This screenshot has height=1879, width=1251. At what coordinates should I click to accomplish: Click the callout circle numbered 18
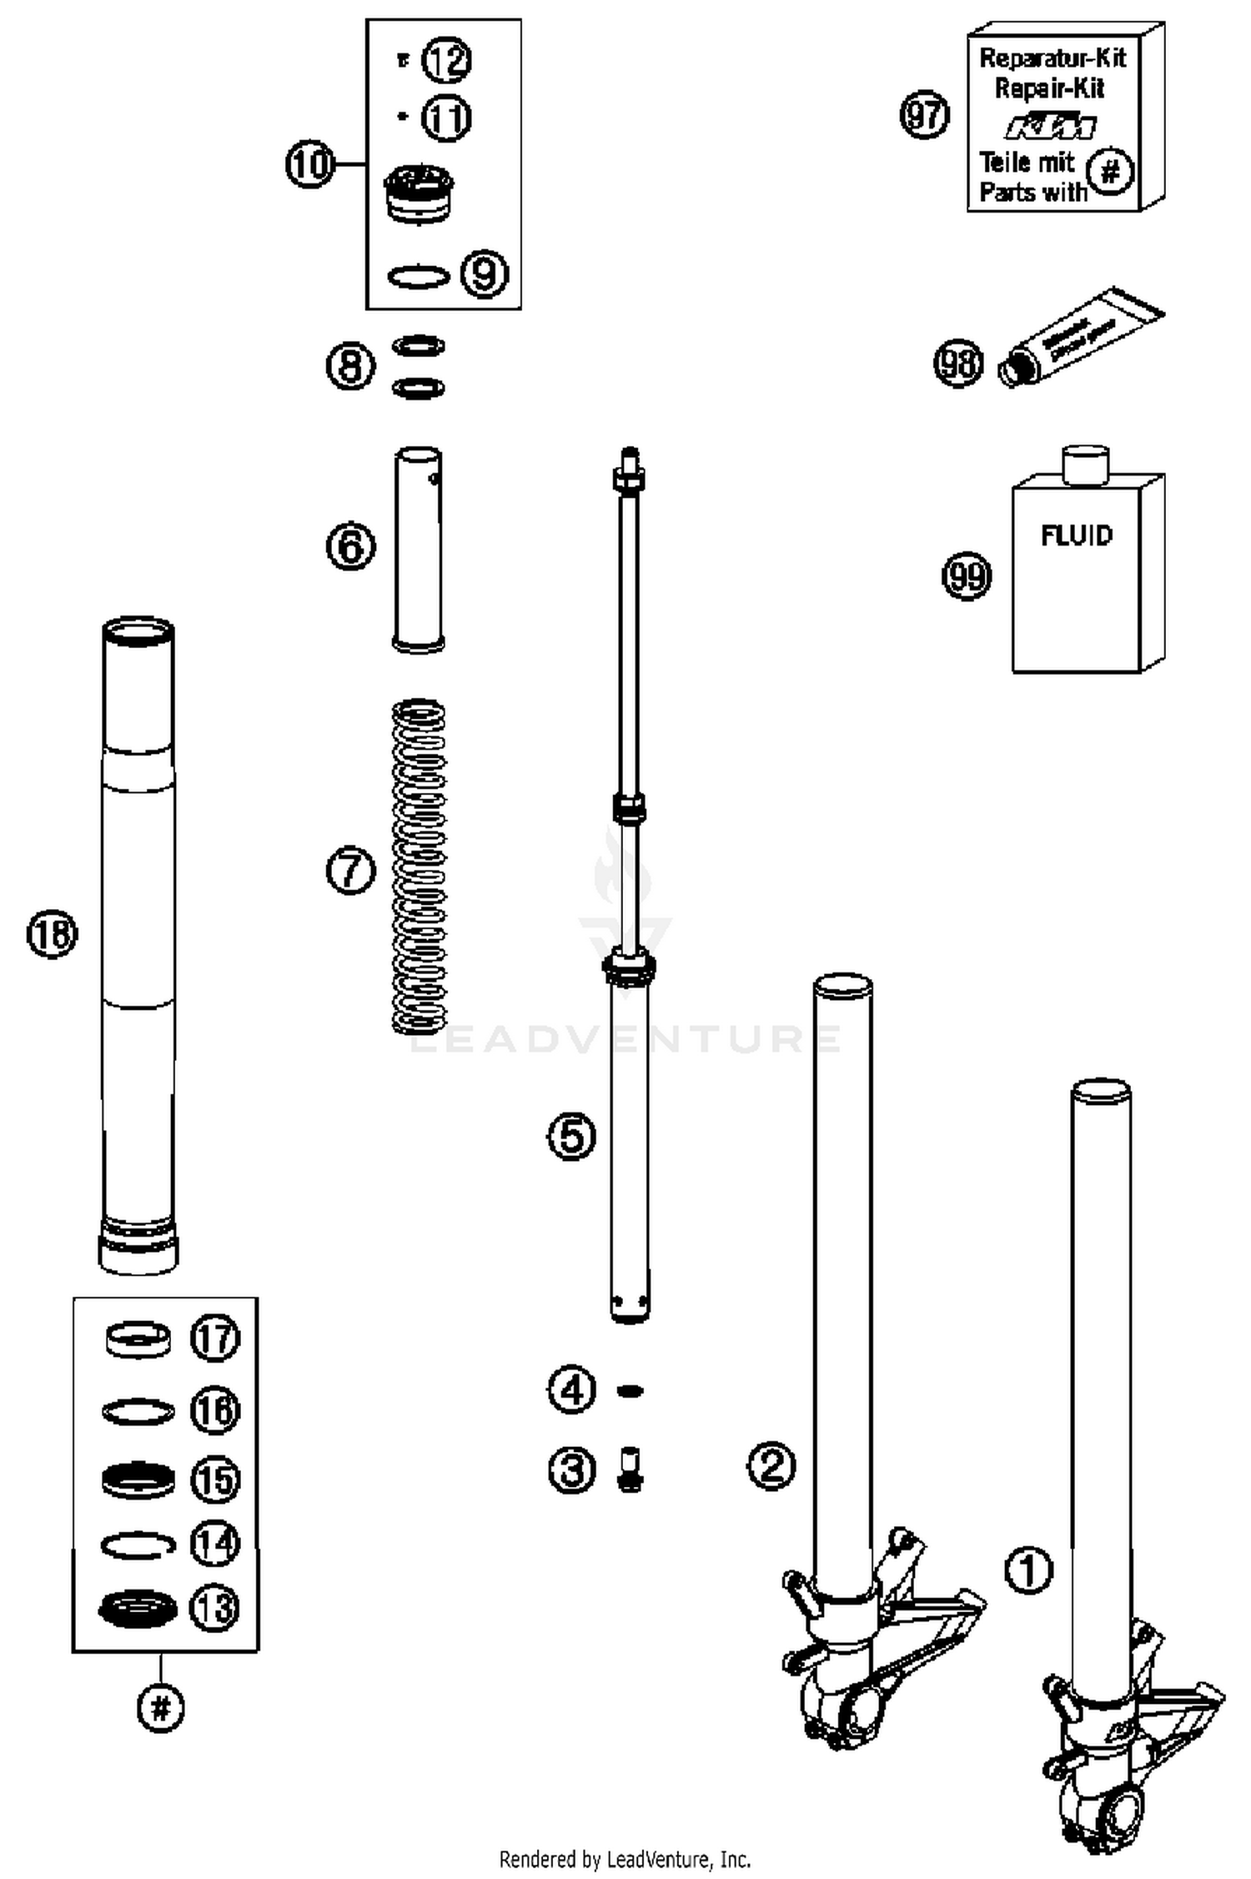52,933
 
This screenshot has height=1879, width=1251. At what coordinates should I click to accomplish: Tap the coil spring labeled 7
419,867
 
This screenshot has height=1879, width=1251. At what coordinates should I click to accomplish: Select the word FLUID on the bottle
1076,535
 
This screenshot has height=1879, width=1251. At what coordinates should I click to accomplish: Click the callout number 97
925,114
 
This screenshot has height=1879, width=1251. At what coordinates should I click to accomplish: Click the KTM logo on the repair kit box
1051,127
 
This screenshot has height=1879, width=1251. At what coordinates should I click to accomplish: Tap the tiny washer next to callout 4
630,1390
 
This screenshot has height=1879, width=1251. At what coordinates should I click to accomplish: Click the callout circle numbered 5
571,1136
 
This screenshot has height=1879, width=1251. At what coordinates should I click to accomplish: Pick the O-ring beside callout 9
419,277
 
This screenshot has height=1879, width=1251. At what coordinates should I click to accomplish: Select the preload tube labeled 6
418,550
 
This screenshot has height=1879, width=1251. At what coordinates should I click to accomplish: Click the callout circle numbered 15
215,1480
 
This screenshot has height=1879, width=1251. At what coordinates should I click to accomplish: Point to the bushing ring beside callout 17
138,1339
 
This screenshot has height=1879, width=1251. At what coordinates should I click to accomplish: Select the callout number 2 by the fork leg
771,1465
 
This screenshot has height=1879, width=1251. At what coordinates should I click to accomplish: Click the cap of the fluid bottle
1085,464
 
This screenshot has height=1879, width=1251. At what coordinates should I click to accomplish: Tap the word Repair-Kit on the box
1050,88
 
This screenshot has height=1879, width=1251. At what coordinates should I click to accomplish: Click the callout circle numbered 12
446,60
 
